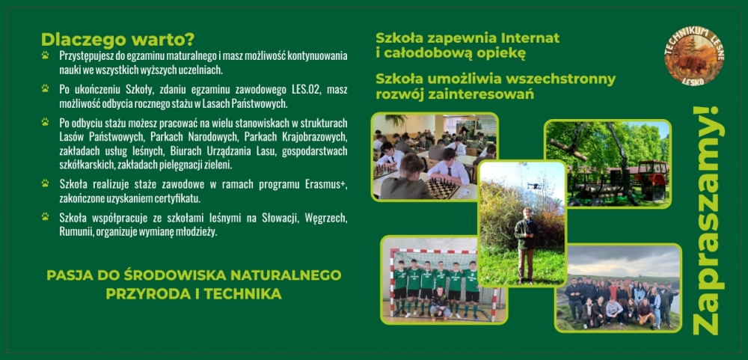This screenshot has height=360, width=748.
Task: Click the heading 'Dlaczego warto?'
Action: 118,40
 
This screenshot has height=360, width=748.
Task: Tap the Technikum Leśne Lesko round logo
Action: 694,56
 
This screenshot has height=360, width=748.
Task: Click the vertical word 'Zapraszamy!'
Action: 708,220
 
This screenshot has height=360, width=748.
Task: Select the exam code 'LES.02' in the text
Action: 307,91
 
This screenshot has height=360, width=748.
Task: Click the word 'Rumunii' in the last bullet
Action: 73,232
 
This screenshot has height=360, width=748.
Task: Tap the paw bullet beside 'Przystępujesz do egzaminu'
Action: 46,55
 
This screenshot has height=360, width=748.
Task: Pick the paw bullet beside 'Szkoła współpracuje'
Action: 46,217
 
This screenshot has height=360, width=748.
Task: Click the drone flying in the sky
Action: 535,186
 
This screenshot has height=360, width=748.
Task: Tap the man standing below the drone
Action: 526,245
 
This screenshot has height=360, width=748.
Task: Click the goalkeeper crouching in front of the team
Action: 439,303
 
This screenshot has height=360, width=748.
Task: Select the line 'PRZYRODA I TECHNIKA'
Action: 194,293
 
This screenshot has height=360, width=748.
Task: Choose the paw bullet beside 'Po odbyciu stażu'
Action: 46,122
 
